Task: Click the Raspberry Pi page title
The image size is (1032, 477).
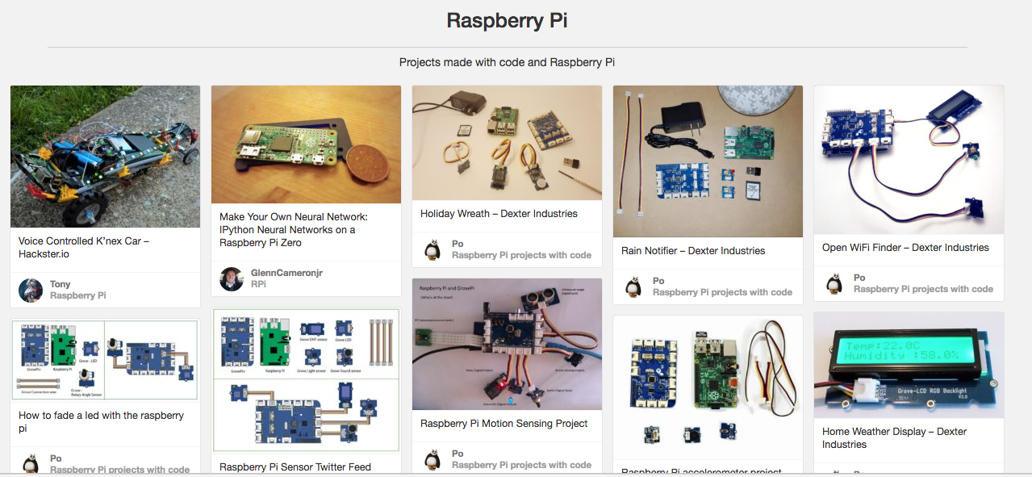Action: click(x=507, y=20)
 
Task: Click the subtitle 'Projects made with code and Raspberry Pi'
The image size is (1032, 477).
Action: click(x=507, y=62)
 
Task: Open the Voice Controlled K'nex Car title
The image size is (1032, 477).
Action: click(x=84, y=247)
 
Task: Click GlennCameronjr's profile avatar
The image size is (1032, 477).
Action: click(x=232, y=278)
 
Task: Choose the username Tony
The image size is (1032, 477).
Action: click(x=61, y=284)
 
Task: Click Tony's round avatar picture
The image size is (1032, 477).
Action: click(x=31, y=290)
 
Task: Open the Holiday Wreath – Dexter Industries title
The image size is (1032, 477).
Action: click(x=499, y=214)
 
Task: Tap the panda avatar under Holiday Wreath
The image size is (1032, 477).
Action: click(x=433, y=249)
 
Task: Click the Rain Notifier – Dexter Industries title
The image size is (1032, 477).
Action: click(x=693, y=251)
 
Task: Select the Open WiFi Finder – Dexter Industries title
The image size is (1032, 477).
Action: click(x=905, y=248)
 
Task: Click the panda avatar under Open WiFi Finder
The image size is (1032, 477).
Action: click(x=835, y=283)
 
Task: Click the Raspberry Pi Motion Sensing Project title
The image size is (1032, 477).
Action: click(x=503, y=424)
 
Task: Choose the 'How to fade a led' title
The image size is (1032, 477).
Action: click(x=101, y=421)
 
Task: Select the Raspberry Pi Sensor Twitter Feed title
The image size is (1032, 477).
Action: click(x=295, y=467)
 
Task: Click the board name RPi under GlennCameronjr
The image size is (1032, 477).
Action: click(x=258, y=284)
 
